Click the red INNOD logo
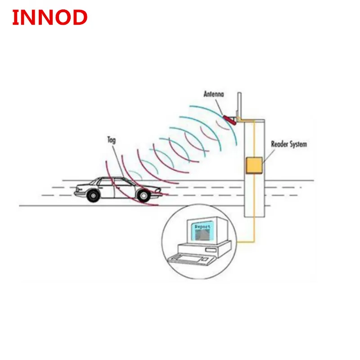point(49,18)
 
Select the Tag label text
point(112,140)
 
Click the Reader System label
point(288,144)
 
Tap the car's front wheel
point(143,195)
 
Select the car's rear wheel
point(93,195)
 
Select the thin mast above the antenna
point(240,104)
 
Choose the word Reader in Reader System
point(280,144)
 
